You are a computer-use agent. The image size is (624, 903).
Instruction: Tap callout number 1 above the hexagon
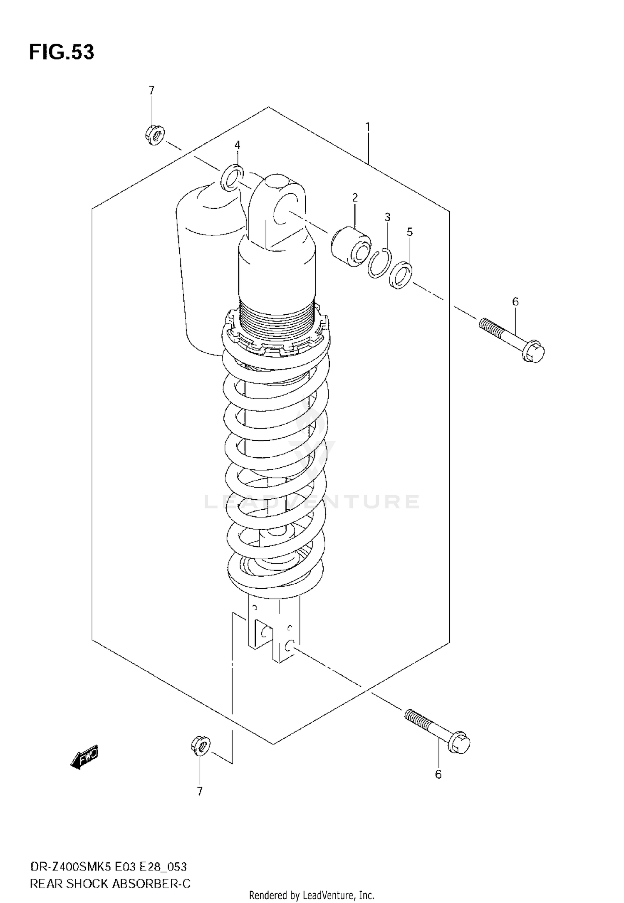point(368,127)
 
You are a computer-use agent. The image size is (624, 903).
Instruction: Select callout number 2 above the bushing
point(355,197)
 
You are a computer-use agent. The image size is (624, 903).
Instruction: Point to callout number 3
point(387,217)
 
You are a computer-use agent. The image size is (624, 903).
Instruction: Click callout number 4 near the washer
point(237,145)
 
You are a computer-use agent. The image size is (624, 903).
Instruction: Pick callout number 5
point(410,232)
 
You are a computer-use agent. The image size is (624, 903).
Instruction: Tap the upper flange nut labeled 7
point(155,134)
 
